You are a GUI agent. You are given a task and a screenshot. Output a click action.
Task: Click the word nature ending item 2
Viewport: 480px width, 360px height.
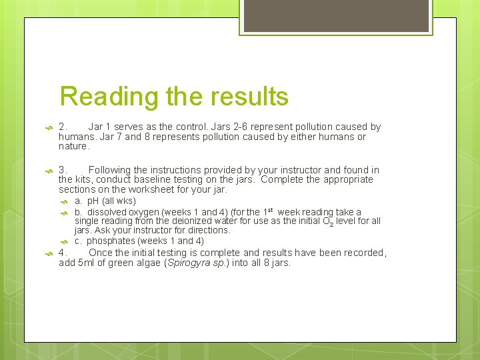tap(73, 146)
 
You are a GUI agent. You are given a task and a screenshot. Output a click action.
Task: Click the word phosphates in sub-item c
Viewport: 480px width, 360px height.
tap(111, 241)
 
